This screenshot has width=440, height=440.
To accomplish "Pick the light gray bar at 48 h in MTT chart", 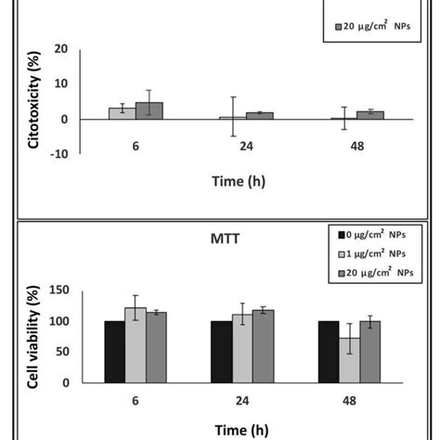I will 350,360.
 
